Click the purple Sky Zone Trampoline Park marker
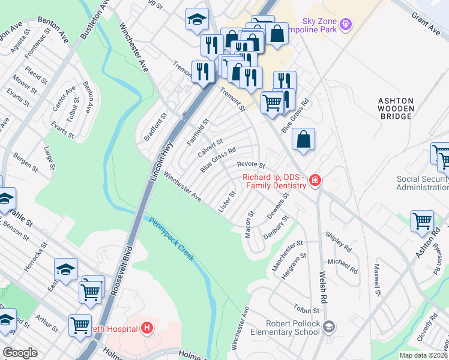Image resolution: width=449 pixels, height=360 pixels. (x=345, y=25)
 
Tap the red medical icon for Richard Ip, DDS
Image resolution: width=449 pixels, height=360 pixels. (x=315, y=181)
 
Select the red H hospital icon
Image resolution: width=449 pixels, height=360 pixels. (x=146, y=328)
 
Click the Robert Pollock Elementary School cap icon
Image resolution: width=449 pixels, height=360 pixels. (x=328, y=327)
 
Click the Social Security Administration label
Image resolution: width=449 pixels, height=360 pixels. (x=423, y=184)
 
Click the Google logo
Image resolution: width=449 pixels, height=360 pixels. (x=20, y=353)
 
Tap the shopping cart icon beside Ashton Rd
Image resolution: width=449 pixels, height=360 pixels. (x=422, y=221)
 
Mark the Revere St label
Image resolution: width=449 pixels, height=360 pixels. (x=251, y=164)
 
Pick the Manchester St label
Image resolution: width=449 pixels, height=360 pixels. (x=288, y=255)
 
